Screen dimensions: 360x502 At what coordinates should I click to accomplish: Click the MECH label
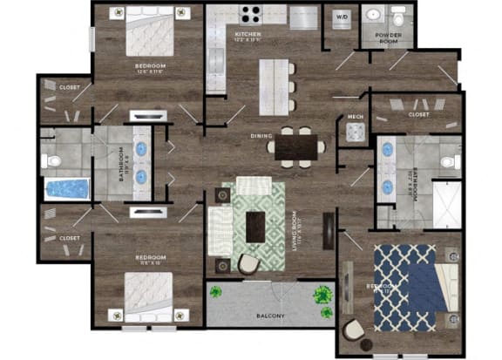click(355, 116)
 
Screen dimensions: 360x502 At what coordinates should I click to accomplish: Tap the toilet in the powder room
click(398, 17)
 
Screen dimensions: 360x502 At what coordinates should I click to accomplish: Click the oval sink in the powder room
click(373, 17)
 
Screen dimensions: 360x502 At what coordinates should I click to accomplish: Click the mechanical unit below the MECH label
click(355, 132)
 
